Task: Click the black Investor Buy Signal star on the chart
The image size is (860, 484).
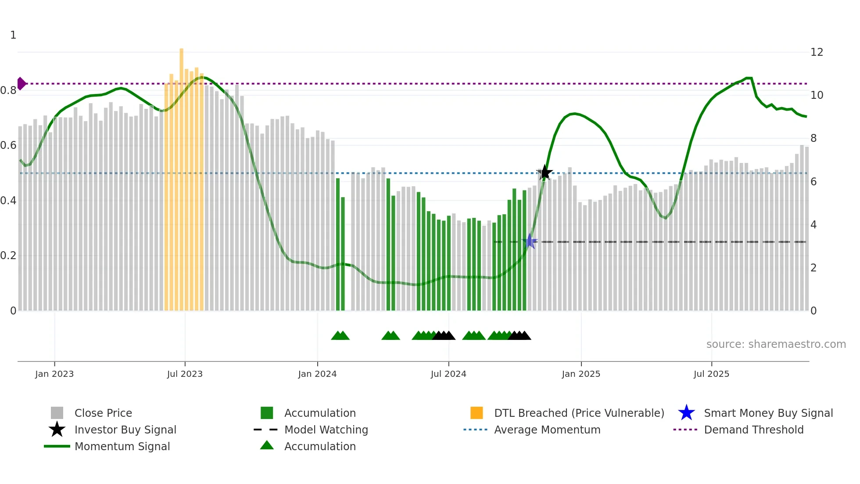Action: (x=545, y=173)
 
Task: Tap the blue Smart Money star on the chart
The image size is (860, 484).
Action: (x=530, y=242)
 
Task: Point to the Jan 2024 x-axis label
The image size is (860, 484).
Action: (x=317, y=374)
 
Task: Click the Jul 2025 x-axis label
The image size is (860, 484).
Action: (x=711, y=374)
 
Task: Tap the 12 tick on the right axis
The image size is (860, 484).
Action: (x=817, y=52)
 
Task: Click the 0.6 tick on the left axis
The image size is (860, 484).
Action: (x=9, y=145)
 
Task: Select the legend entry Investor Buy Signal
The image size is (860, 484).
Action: (x=125, y=430)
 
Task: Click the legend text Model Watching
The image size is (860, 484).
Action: (x=326, y=430)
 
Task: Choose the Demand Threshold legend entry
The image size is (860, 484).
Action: (x=753, y=430)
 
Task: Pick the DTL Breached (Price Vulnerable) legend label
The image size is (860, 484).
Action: (x=579, y=413)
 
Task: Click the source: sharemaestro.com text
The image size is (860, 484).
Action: (x=776, y=344)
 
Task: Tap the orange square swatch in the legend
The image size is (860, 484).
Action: (x=477, y=413)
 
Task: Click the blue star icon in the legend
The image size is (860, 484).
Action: (x=686, y=413)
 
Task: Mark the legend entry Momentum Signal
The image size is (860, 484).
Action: (x=122, y=446)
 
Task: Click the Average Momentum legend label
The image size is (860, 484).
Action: (x=547, y=430)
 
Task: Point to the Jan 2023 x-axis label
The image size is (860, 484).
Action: (x=54, y=374)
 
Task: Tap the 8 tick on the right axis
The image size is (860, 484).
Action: (x=813, y=138)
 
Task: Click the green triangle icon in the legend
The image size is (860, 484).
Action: (x=267, y=446)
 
